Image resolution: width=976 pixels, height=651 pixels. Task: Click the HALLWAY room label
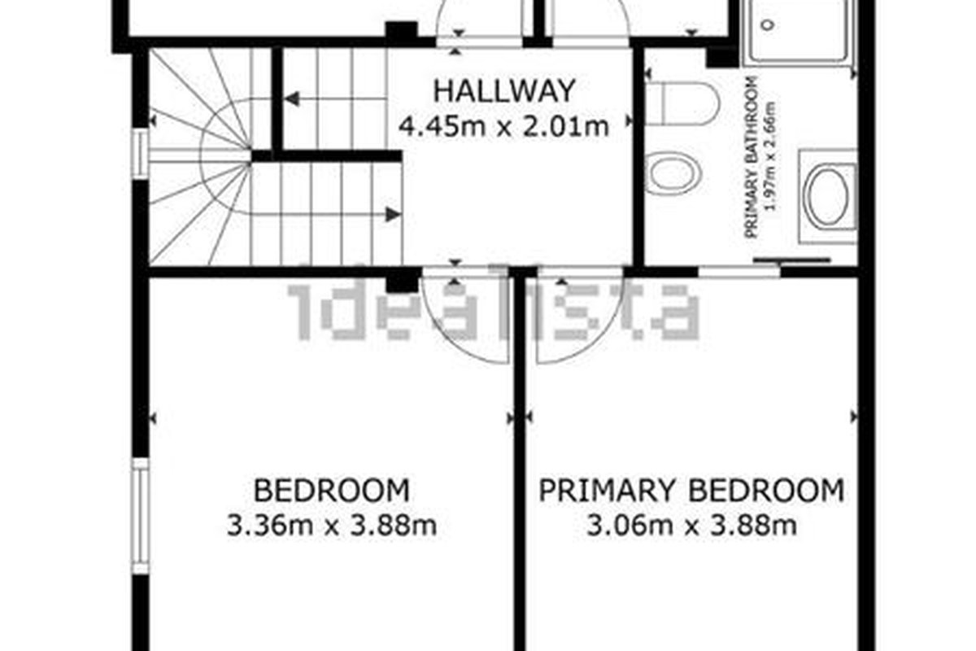tap(504, 91)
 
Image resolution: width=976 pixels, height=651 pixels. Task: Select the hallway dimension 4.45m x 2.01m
tap(504, 127)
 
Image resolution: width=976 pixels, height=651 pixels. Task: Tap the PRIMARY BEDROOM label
tap(691, 491)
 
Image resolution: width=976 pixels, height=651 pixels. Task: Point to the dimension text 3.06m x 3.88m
tap(692, 526)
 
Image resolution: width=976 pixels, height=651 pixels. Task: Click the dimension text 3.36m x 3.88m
tap(332, 526)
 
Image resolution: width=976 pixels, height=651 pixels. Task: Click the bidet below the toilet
tap(673, 173)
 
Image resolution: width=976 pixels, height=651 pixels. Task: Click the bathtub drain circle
tap(770, 24)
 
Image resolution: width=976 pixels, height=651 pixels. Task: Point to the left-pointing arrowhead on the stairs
tap(292, 99)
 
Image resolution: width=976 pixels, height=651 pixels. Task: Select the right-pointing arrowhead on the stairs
tap(394, 215)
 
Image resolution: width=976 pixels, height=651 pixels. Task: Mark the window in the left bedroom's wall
tap(140, 516)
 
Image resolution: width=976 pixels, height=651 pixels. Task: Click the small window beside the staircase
tap(141, 155)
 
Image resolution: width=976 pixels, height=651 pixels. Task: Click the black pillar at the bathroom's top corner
tap(721, 56)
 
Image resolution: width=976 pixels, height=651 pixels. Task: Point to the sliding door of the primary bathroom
tap(791, 260)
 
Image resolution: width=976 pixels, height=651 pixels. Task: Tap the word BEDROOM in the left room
tap(332, 491)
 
